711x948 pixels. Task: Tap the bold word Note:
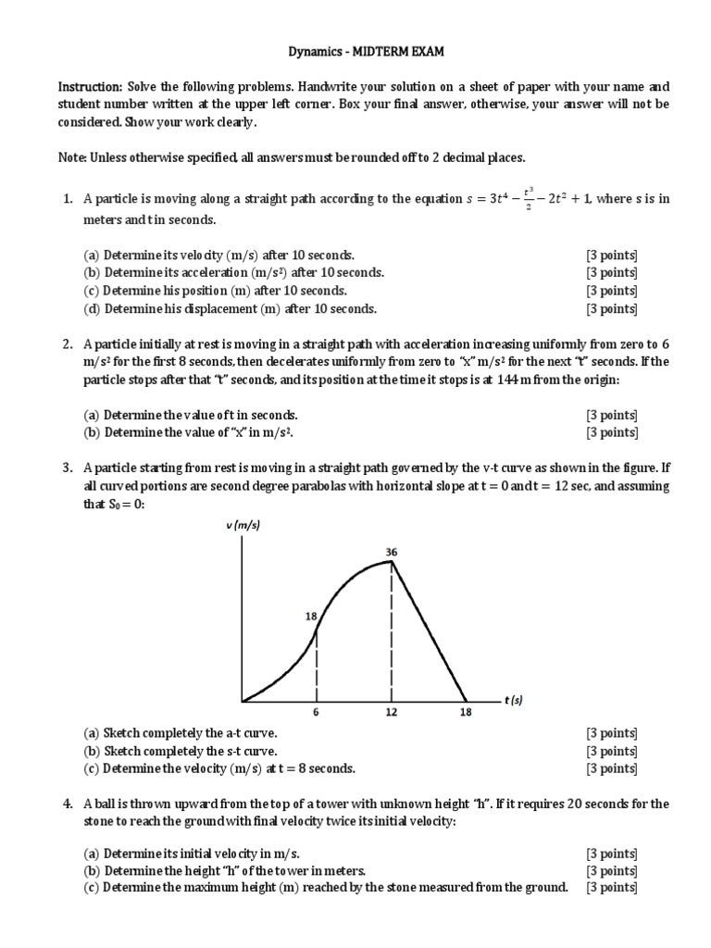72,157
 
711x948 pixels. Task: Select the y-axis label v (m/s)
243,526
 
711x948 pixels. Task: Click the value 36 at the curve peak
392,553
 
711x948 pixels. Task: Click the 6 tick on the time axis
318,713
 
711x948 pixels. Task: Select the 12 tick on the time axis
392,713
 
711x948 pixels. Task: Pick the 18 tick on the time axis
466,713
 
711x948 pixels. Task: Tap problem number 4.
68,804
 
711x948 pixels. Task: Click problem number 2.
68,344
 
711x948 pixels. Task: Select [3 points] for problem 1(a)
611,255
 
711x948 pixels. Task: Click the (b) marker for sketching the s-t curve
92,751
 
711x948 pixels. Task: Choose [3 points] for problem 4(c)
611,887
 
